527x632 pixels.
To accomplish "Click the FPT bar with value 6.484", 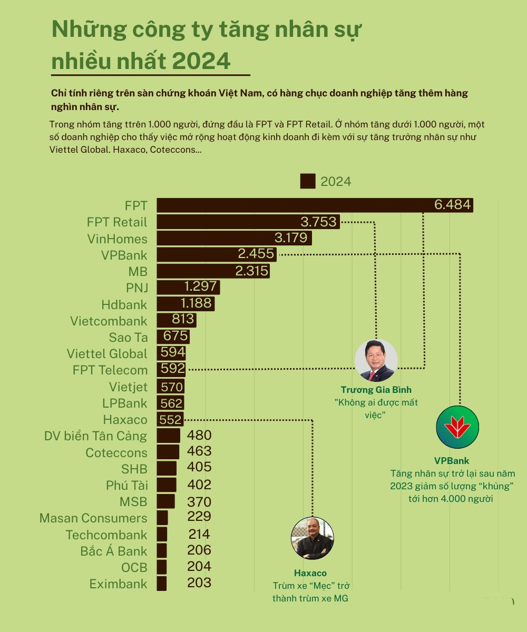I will click(315, 205).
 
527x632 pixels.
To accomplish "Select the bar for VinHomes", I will click(234, 239).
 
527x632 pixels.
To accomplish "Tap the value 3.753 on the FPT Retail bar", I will click(318, 222).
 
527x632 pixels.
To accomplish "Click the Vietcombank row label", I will click(109, 321).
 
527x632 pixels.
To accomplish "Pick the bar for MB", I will click(213, 271).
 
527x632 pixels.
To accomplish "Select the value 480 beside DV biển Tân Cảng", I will click(199, 436).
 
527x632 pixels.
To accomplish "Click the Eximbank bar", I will click(162, 584).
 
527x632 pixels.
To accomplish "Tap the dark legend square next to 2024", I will click(308, 181).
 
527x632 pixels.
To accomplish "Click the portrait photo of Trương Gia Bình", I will click(376, 361).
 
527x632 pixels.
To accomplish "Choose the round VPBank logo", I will click(457, 427).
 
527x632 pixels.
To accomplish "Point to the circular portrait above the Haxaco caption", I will click(313, 538).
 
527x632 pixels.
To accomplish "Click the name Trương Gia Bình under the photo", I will click(376, 390).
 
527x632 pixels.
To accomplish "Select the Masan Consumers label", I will click(93, 518).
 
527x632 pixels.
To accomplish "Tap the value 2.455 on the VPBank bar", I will click(256, 254).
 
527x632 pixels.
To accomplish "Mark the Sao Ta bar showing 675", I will click(173, 337).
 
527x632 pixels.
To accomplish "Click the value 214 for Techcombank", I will click(199, 534).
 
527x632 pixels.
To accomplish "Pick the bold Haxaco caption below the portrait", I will click(310, 573).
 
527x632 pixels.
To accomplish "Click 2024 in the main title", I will click(201, 61).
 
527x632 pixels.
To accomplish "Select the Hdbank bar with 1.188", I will click(186, 304).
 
